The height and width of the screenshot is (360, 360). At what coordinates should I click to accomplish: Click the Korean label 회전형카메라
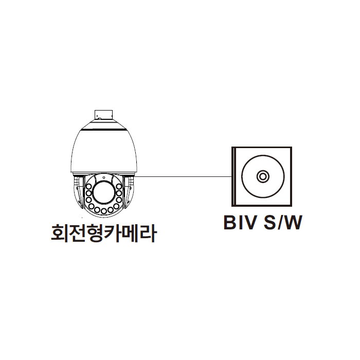click(x=104, y=233)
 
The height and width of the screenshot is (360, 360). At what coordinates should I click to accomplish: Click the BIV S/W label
click(x=263, y=222)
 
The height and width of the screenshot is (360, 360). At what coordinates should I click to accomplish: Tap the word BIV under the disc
click(x=240, y=222)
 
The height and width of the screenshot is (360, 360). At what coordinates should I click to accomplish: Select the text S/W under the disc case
click(x=283, y=222)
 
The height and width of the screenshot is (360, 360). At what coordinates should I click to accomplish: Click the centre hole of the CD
click(x=263, y=176)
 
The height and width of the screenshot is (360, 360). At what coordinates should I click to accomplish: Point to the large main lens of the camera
click(x=104, y=192)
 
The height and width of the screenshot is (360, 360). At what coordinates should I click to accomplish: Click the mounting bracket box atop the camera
click(x=103, y=115)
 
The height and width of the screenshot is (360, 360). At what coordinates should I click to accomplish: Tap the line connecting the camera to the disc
click(x=184, y=176)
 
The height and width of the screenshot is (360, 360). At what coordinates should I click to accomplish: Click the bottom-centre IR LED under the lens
click(x=104, y=211)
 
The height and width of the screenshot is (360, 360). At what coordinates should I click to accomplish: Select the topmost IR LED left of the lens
click(x=89, y=186)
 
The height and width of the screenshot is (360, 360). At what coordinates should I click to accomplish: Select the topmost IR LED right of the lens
click(x=119, y=186)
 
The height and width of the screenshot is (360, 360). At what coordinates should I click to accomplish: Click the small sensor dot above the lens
click(x=104, y=177)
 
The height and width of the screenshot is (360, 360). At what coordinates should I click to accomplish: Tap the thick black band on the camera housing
click(x=104, y=130)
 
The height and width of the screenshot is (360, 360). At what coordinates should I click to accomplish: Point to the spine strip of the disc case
click(x=234, y=176)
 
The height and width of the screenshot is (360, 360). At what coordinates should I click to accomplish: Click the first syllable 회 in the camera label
click(x=59, y=233)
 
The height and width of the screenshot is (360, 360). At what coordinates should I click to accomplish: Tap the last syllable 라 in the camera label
click(x=148, y=233)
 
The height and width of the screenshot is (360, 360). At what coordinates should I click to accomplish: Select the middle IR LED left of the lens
click(x=89, y=193)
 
